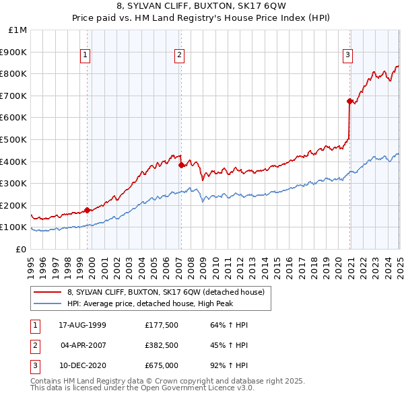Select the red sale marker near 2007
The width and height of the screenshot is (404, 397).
[x=181, y=165]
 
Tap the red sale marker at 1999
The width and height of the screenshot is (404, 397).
[x=88, y=210]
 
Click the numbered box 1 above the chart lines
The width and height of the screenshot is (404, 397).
[x=87, y=56]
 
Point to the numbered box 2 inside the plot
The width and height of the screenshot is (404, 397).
[x=180, y=56]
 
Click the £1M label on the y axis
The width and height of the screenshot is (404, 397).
[x=18, y=30]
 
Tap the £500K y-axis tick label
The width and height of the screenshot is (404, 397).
[x=14, y=139]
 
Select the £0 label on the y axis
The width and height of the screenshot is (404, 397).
[x=21, y=249]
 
